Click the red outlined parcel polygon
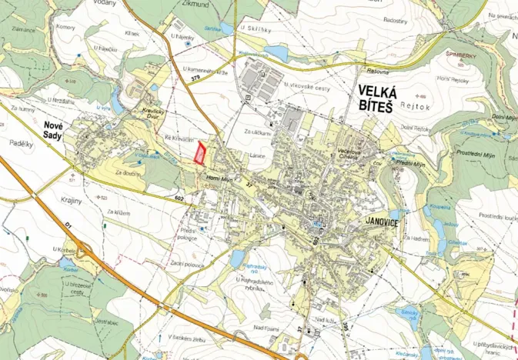(200, 153)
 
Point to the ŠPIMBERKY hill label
(465, 55)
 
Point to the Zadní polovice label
(186, 264)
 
